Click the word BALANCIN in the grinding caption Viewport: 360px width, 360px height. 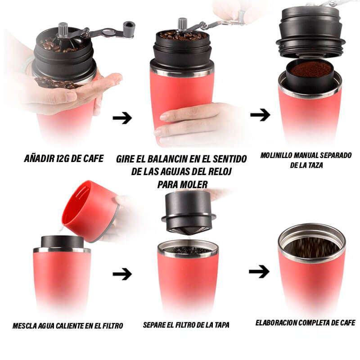coord(170,159)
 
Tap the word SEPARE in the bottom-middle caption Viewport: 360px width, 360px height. coord(156,324)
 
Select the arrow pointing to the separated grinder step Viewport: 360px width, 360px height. coord(260,115)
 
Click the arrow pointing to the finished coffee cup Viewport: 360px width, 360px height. coord(259,271)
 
